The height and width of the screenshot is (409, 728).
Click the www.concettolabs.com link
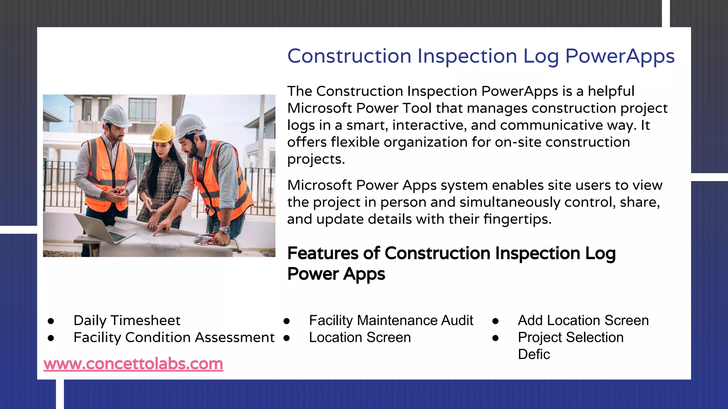pyautogui.click(x=133, y=364)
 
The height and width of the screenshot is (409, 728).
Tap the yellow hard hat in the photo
pyautogui.click(x=162, y=132)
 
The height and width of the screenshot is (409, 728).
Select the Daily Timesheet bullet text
pyautogui.click(x=127, y=320)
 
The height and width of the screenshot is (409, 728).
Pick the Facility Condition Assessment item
pyautogui.click(x=174, y=337)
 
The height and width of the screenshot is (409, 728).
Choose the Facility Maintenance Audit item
pyautogui.click(x=391, y=320)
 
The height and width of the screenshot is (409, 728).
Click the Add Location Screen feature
pyautogui.click(x=583, y=320)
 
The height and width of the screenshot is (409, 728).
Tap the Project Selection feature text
pyautogui.click(x=571, y=337)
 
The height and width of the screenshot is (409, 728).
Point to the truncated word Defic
pyautogui.click(x=534, y=354)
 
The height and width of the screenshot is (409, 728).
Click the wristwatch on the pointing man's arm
pyautogui.click(x=224, y=230)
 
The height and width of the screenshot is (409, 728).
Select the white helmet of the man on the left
pyautogui.click(x=115, y=115)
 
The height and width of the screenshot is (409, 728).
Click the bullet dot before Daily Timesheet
pyautogui.click(x=51, y=321)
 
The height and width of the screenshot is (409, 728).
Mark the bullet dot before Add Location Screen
pyautogui.click(x=495, y=321)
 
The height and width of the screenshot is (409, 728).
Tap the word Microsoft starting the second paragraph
pyautogui.click(x=320, y=185)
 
